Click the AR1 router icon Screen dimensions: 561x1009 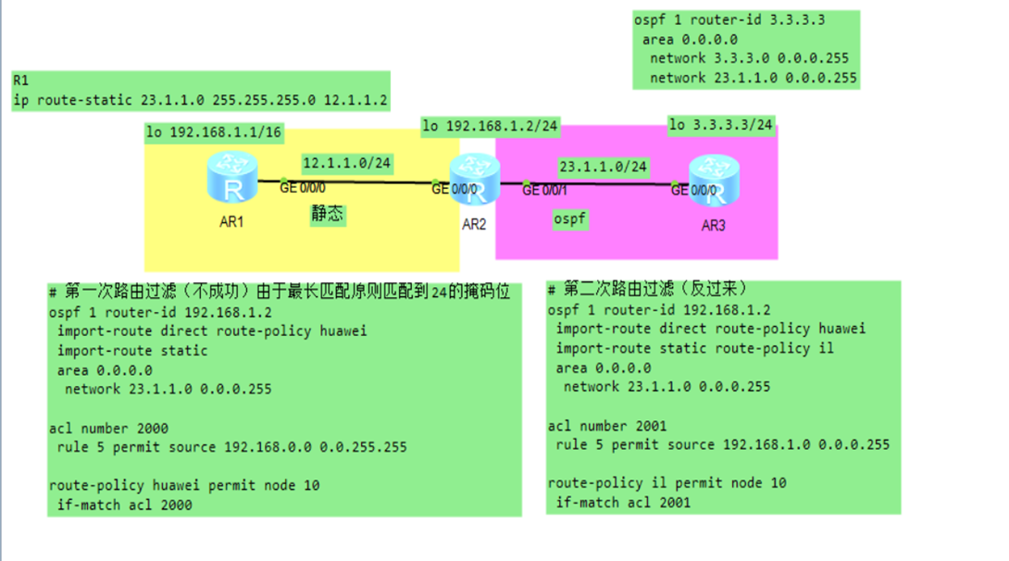point(232,178)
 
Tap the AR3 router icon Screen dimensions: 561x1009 point(714,180)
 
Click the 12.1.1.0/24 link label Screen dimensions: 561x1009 point(347,164)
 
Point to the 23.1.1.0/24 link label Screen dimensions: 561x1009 point(603,168)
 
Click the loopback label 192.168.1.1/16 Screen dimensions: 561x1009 point(214,132)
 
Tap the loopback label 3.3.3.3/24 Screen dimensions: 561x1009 point(721,125)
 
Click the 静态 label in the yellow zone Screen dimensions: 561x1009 point(327,214)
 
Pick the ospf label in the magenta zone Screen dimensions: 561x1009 point(570,219)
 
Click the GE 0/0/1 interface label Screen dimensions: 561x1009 point(544,191)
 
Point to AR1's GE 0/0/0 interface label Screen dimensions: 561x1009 point(302,188)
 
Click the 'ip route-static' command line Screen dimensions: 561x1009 point(200,101)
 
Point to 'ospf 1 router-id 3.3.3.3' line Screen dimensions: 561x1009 point(729,19)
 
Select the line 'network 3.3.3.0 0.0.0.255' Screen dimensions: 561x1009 point(748,58)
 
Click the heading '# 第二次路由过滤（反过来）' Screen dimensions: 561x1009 point(648,290)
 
